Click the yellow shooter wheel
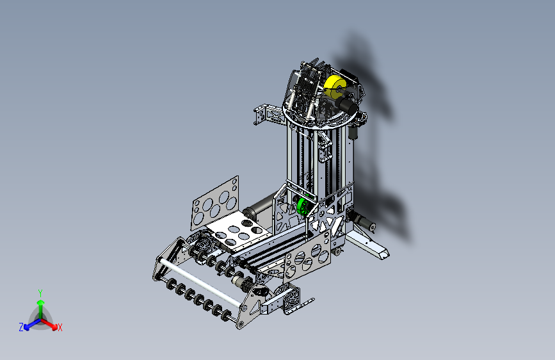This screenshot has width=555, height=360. [x=335, y=87]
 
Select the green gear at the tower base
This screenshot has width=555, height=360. [x=303, y=206]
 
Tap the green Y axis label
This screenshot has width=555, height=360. [x=40, y=293]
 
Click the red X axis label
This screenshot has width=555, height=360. [x=60, y=328]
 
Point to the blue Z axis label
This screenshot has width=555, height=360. [x=21, y=327]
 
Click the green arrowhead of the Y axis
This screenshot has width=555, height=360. [x=41, y=302]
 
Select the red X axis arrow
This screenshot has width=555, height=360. [x=49, y=323]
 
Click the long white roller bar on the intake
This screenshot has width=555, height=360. [x=200, y=282]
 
